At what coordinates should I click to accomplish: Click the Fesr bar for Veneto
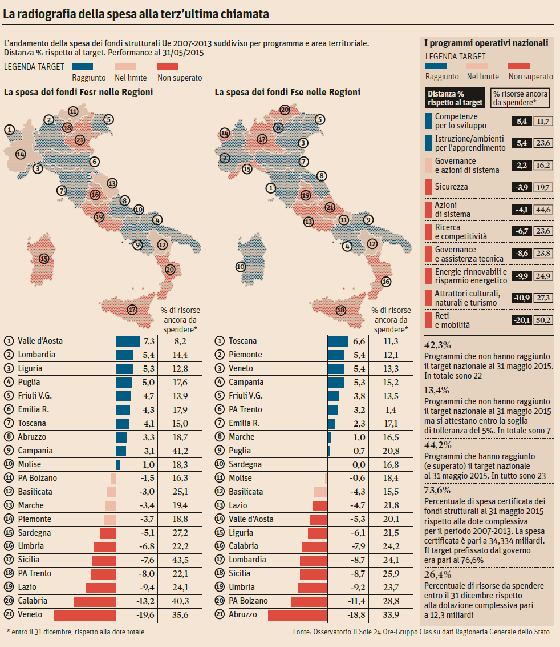(85, 615)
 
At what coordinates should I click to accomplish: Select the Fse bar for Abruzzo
(298, 615)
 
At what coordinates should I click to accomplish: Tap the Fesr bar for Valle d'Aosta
(128, 341)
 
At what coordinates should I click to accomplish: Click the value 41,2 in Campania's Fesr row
(180, 451)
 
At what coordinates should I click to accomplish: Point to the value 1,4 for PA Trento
(391, 409)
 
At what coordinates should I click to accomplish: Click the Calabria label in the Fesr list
(33, 601)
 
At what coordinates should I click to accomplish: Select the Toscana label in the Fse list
(243, 341)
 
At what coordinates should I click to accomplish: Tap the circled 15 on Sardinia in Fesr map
(43, 259)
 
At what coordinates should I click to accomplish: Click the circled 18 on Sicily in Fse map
(341, 311)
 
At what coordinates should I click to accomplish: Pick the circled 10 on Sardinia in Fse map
(241, 267)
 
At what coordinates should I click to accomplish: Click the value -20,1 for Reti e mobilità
(521, 320)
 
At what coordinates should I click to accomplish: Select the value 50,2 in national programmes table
(543, 320)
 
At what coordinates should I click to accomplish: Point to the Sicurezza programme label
(452, 187)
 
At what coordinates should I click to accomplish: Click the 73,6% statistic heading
(437, 489)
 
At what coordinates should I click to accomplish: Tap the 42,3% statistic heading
(437, 344)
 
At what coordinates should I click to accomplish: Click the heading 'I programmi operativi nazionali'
(486, 43)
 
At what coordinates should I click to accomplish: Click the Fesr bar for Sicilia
(103, 560)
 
